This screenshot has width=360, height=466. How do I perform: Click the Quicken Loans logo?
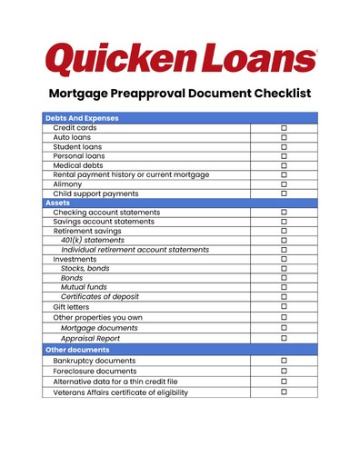[x=180, y=56]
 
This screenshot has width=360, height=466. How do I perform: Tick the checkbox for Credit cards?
[x=284, y=128]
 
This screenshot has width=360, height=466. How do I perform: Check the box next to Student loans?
[x=284, y=146]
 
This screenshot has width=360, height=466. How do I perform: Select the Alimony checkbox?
[x=284, y=183]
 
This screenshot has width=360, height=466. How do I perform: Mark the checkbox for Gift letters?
[x=284, y=307]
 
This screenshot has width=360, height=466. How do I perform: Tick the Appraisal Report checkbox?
[x=284, y=338]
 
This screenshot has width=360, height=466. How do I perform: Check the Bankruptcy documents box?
[x=284, y=361]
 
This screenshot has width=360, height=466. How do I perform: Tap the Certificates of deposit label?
[x=101, y=297]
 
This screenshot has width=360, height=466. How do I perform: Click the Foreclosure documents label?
[x=95, y=371]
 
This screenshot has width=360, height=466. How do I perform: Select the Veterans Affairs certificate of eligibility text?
[x=120, y=392]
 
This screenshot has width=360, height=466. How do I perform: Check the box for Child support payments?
[x=284, y=193]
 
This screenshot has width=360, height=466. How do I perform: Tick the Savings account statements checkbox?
[x=284, y=221]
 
